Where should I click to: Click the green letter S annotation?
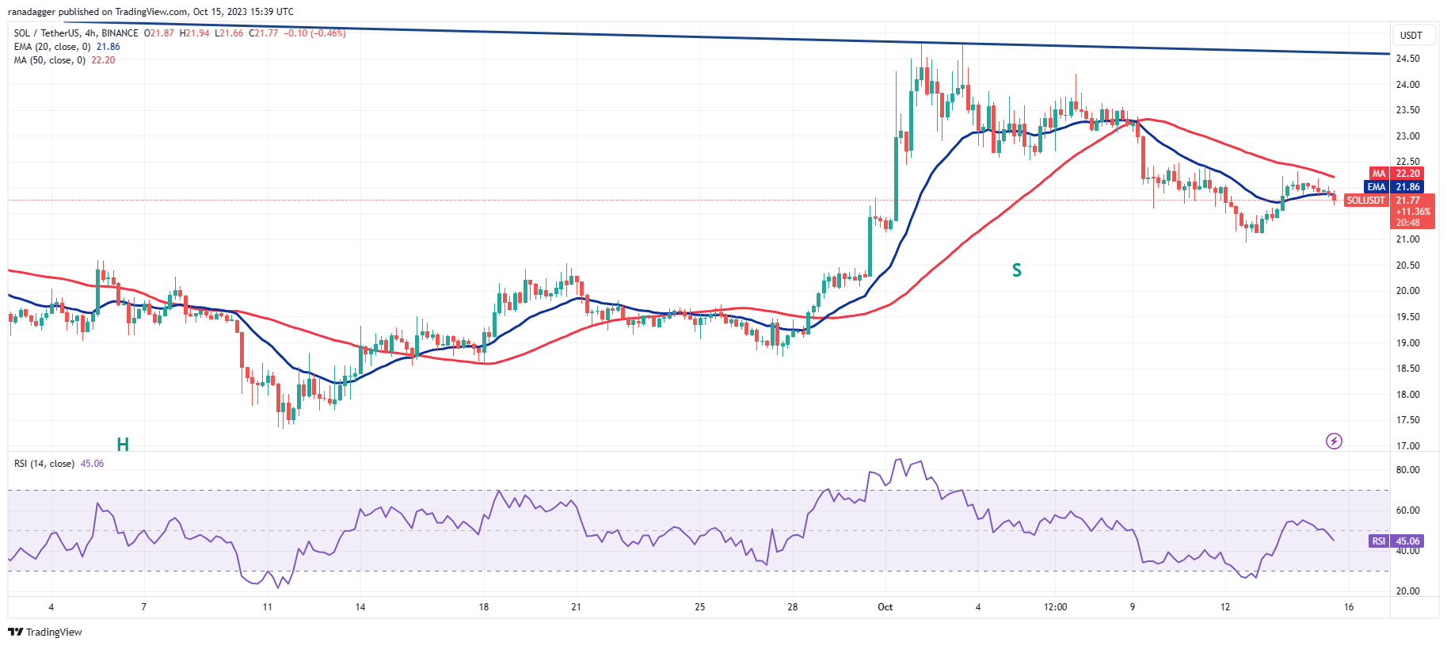click(x=1017, y=270)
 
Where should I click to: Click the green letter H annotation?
click(x=123, y=444)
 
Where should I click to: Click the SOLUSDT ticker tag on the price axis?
click(x=1366, y=201)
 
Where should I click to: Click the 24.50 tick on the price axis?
click(x=1407, y=59)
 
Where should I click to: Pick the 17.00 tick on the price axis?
click(x=1407, y=446)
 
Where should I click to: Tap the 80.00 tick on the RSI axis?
click(x=1407, y=470)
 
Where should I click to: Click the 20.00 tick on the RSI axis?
click(x=1407, y=591)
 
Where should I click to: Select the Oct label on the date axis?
click(x=885, y=607)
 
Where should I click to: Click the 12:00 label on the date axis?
click(x=1055, y=607)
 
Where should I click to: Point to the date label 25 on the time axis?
click(x=700, y=607)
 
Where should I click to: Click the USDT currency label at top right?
click(x=1411, y=36)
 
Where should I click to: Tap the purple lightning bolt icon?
click(x=1334, y=441)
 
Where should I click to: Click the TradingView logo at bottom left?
click(x=45, y=632)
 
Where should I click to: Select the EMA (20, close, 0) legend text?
click(x=52, y=47)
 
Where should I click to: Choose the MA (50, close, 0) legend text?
click(x=50, y=60)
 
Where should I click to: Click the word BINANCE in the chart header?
click(x=120, y=33)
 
